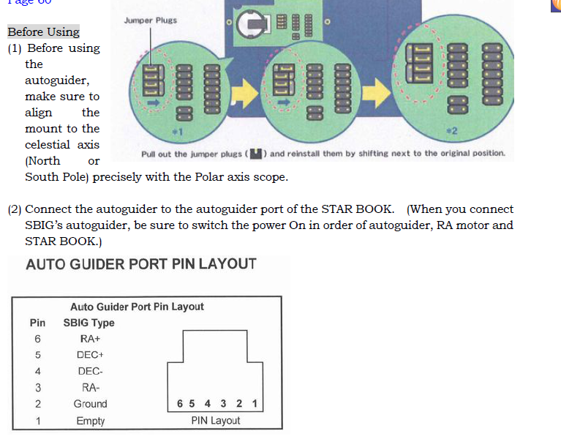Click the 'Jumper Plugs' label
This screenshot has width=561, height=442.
coord(150,20)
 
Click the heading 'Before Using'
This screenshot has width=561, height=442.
coord(43,32)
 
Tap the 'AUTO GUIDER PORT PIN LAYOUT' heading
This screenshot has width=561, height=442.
coord(141,265)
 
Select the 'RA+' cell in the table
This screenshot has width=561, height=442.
coord(90,339)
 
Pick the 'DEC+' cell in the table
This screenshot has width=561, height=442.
coord(90,355)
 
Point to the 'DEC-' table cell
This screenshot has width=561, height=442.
coord(90,371)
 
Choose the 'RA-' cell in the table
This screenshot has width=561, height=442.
coord(90,387)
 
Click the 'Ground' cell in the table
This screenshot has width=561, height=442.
coord(90,404)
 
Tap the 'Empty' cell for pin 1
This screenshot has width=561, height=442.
coord(90,421)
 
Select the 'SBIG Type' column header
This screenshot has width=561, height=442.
coord(89,323)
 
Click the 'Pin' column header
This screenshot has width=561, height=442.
coord(37,323)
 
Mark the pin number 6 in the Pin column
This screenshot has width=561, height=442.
coord(37,339)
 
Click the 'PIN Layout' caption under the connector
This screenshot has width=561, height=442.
coord(216,421)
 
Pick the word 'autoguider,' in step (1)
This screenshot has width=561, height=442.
coord(57,80)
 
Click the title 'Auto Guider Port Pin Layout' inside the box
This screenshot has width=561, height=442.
coord(137,307)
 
